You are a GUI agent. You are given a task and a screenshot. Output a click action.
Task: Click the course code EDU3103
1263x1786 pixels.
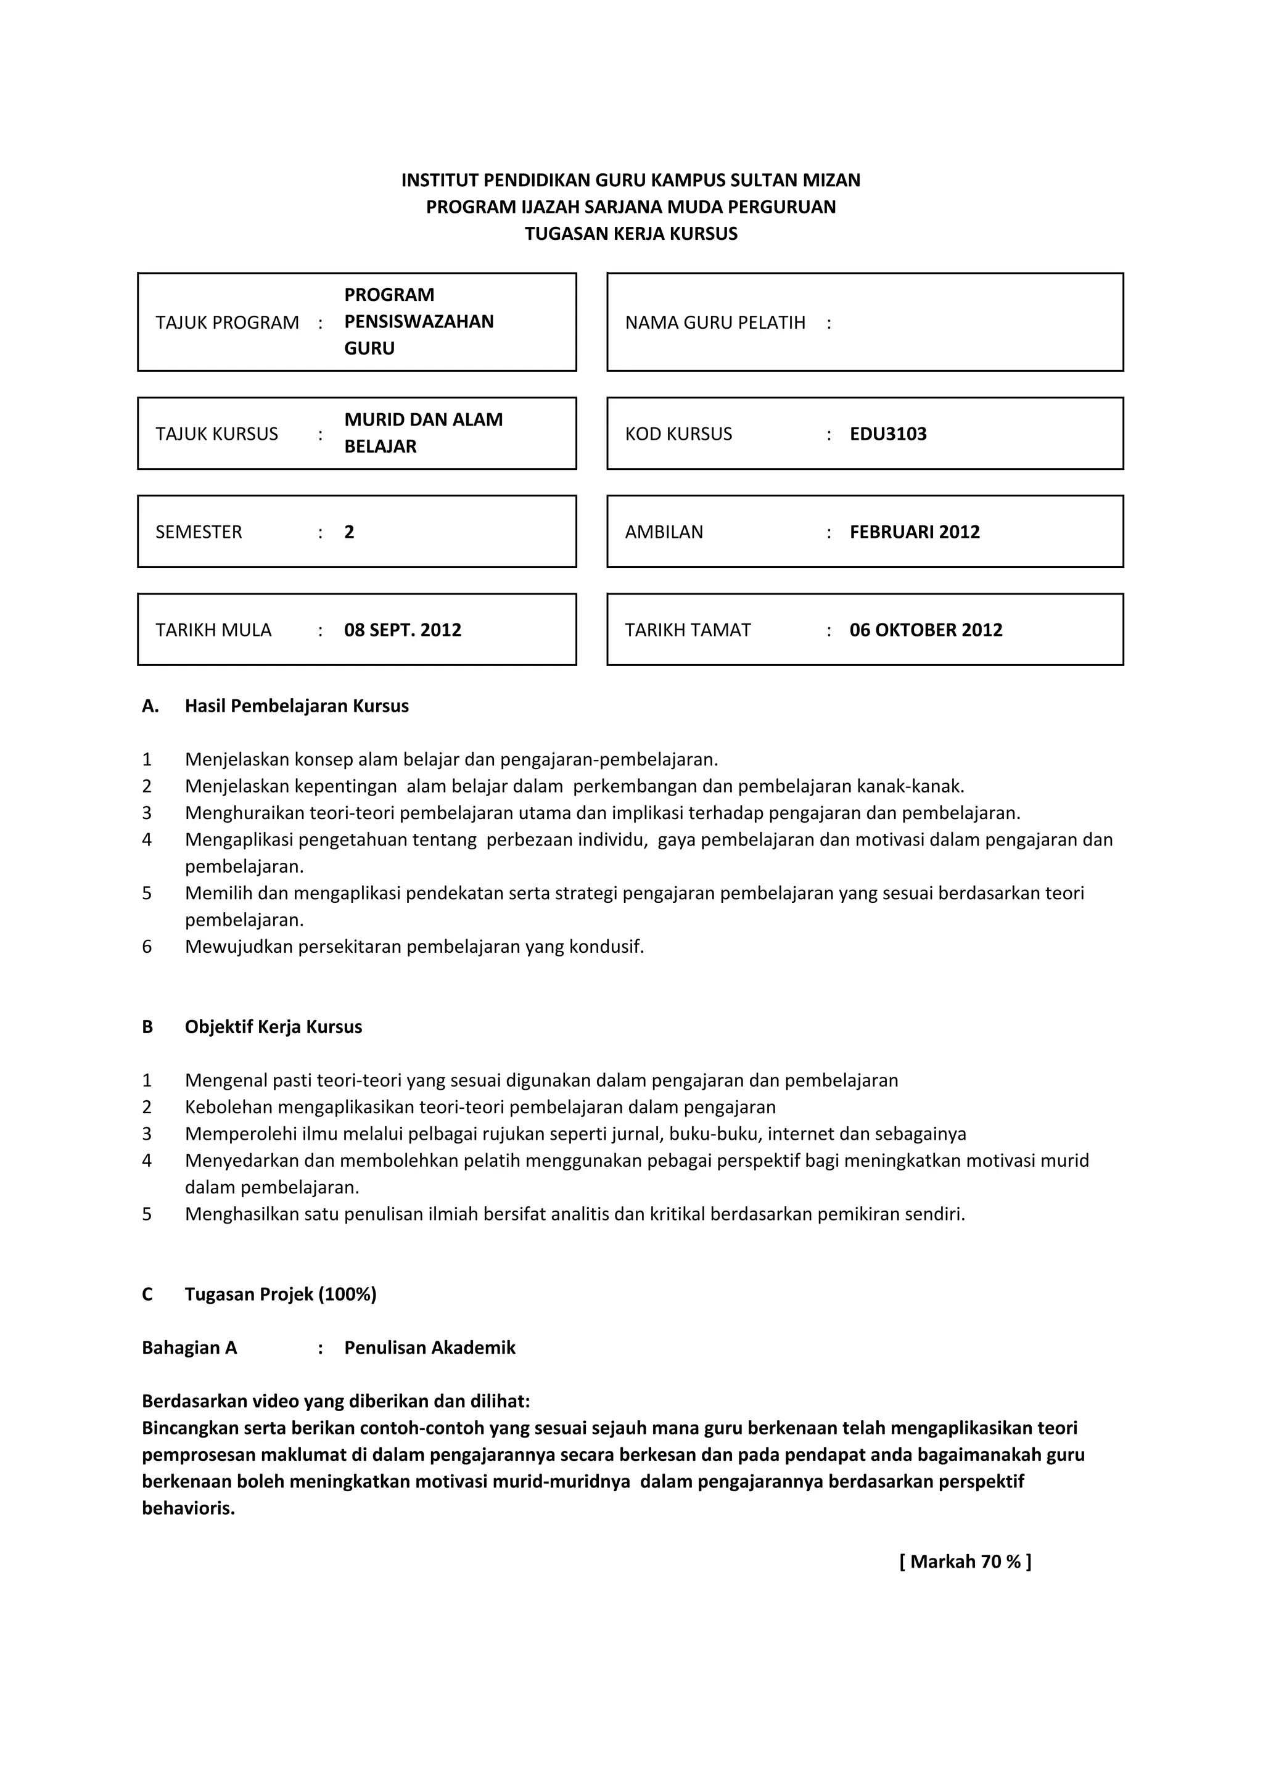[887, 434]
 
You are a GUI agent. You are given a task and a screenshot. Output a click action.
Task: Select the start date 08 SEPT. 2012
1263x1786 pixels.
[402, 630]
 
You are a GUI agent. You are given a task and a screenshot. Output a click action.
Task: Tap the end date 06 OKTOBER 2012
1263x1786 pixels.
[926, 630]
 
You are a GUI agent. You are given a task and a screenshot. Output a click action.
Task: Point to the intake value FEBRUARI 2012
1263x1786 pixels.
[914, 532]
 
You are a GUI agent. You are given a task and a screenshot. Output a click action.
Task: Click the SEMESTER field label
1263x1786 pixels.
[199, 532]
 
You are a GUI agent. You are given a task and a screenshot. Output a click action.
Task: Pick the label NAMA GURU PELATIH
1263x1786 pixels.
[715, 323]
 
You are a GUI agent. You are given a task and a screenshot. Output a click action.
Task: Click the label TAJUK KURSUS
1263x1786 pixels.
[216, 434]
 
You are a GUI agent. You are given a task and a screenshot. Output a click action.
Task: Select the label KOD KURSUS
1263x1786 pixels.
[678, 434]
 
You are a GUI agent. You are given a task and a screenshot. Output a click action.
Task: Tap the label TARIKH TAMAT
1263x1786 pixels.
[688, 630]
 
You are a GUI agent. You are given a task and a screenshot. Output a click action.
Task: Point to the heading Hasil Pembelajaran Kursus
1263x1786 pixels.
[296, 706]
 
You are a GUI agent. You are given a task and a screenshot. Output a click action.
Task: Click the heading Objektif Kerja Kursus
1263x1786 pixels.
[273, 1027]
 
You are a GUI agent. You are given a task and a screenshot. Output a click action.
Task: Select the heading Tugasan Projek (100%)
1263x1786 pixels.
[280, 1294]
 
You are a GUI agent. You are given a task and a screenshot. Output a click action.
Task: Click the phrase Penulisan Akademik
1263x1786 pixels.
[429, 1348]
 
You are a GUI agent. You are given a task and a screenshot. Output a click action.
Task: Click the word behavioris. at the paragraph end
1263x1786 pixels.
[188, 1509]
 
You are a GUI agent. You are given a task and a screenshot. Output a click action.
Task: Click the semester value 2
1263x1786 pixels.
[349, 532]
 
